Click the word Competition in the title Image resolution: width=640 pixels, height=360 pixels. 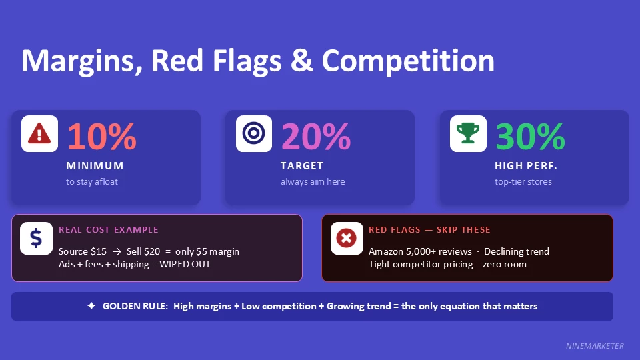pos(408,61)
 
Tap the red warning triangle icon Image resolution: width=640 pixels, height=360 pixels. pos(39,134)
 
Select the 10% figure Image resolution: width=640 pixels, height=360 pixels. pos(101,137)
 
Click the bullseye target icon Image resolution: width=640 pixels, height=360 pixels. pos(254,134)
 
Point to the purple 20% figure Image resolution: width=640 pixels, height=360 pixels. pos(315,137)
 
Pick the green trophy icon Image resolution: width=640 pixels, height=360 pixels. pos(468,134)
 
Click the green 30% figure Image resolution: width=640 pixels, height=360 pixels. pos(530,137)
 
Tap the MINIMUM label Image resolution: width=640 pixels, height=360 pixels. pos(95,166)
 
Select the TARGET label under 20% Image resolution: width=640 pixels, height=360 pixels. pos(301,166)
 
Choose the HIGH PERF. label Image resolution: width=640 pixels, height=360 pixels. pos(525,166)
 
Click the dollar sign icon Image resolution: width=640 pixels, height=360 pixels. pos(37,238)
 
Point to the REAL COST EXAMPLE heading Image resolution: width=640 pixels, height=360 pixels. pos(109,230)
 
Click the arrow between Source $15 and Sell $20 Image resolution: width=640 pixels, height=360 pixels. pos(117,252)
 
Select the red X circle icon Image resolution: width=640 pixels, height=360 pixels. pos(347,238)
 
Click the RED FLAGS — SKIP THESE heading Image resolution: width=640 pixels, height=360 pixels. pos(429,230)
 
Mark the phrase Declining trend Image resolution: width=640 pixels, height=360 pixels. pos(517,252)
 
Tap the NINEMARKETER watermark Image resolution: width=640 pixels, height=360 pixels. pos(594,346)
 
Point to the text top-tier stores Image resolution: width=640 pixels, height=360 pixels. pos(523,182)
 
